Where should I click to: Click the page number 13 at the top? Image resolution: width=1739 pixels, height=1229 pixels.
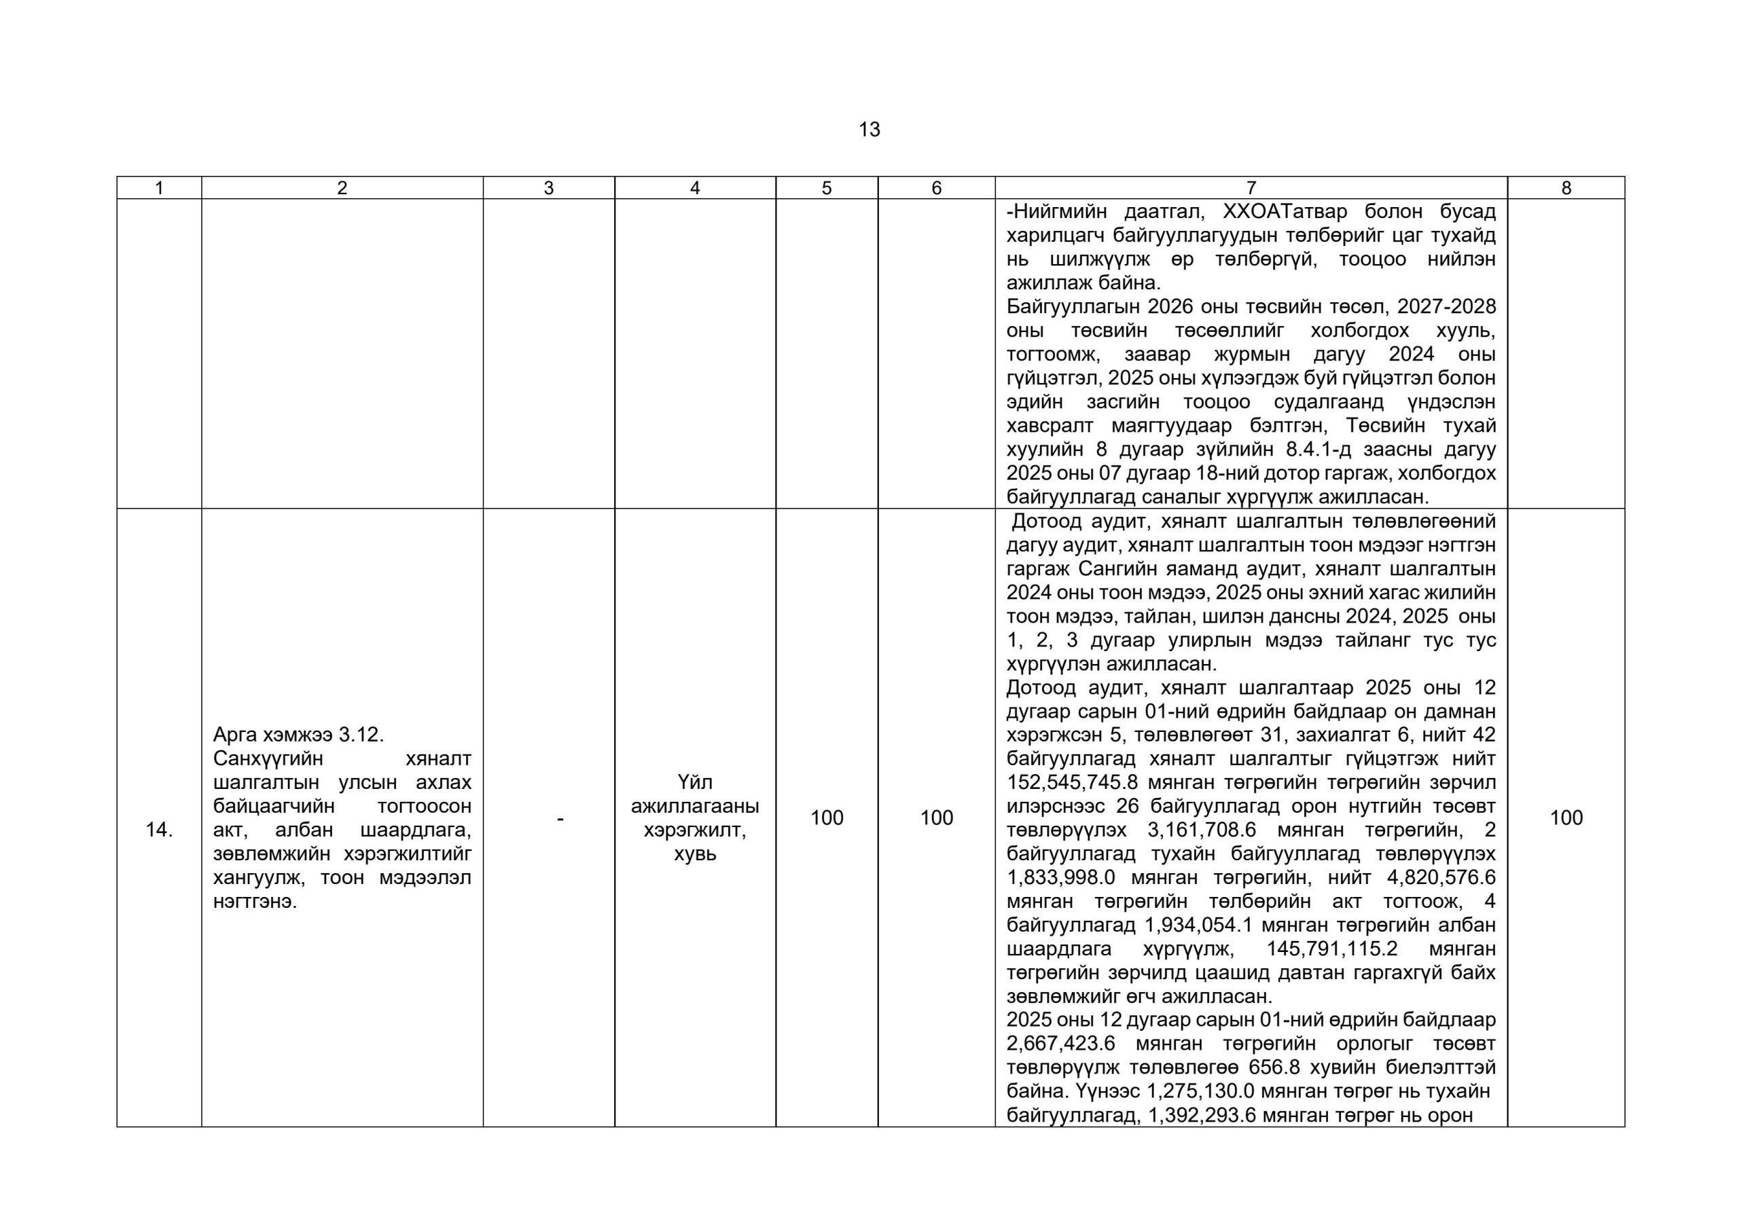[x=869, y=130]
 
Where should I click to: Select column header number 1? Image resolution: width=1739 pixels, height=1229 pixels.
[x=159, y=188]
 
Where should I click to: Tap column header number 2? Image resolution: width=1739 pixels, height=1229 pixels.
[x=342, y=188]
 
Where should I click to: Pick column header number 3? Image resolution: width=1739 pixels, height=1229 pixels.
[x=548, y=188]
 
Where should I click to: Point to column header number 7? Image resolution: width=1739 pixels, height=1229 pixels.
[x=1251, y=188]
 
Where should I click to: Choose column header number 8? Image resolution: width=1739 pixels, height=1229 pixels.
[x=1566, y=188]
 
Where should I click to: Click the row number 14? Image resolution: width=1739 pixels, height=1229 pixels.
[x=159, y=830]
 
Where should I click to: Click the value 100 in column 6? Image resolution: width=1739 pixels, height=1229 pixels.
[x=936, y=818]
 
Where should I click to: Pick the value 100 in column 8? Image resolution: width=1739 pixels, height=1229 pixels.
[x=1566, y=818]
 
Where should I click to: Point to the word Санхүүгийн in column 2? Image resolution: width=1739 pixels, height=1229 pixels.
[x=268, y=758]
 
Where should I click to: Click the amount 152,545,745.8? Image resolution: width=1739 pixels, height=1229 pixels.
[x=1073, y=782]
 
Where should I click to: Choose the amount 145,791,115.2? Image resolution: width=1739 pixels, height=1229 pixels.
[x=1331, y=949]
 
